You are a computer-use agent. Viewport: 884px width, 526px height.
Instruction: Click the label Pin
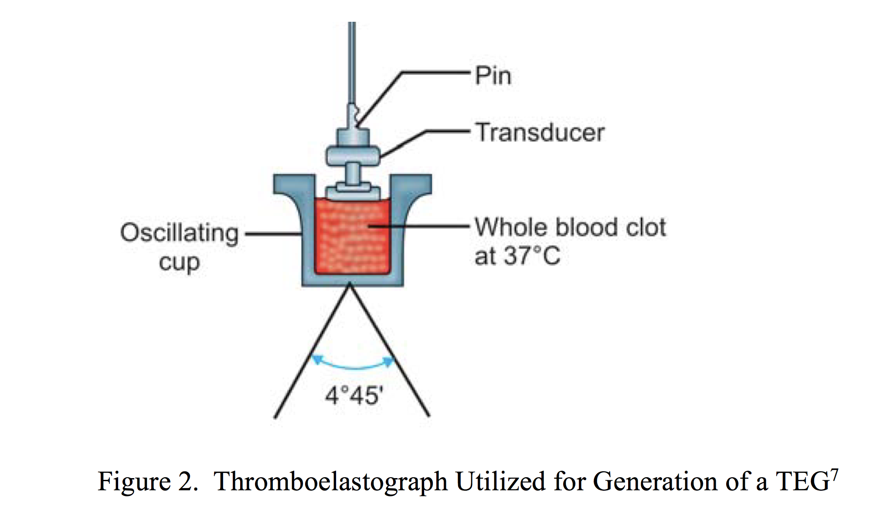point(493,76)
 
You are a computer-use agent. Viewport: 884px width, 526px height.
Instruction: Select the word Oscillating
point(179,234)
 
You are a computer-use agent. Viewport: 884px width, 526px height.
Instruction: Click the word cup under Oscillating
point(179,263)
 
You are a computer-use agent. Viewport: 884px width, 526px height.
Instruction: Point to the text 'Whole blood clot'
point(570,227)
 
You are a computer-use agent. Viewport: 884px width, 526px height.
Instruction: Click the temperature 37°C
point(532,256)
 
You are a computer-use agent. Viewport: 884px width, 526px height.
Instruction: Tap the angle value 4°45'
point(354,396)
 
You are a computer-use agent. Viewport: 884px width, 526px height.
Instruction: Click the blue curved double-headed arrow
point(353,367)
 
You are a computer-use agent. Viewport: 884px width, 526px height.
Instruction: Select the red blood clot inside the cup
point(352,236)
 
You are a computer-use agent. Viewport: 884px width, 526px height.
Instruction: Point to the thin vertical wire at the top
point(352,63)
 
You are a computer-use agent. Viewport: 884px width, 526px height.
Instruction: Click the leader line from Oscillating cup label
point(273,234)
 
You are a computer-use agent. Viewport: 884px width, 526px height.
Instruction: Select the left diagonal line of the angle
point(312,351)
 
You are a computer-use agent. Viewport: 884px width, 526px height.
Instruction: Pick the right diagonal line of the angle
point(390,351)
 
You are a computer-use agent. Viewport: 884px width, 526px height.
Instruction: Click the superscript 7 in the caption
point(834,474)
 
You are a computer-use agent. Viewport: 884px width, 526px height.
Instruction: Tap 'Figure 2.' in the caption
point(148,482)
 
